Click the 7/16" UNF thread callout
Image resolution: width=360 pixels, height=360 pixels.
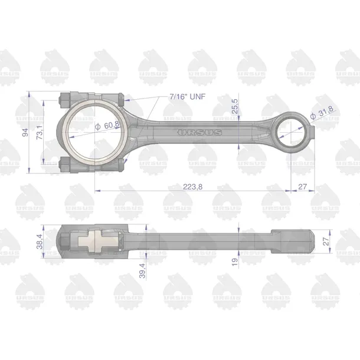click(188, 97)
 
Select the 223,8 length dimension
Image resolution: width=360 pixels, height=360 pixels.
click(192, 187)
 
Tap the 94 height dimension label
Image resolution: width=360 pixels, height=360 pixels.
click(25, 132)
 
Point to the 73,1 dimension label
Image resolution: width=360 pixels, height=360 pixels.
click(40, 133)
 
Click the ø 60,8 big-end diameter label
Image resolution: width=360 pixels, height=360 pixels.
click(107, 125)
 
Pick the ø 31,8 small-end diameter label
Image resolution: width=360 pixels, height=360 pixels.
click(322, 113)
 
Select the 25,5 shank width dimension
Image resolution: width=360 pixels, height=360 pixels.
click(235, 106)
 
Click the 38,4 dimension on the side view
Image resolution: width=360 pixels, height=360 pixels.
click(40, 241)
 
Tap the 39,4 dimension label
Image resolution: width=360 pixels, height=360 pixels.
click(142, 271)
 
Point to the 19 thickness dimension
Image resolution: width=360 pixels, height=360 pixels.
click(235, 262)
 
